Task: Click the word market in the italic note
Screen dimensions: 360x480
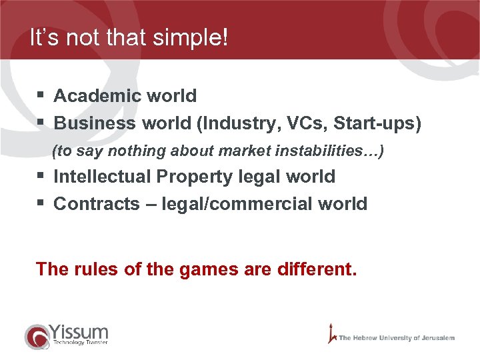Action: click(243, 151)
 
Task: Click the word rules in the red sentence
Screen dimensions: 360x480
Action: click(93, 269)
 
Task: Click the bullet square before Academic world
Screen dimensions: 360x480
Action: click(41, 96)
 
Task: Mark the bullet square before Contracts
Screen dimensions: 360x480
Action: click(41, 203)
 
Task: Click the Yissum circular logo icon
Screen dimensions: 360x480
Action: click(36, 336)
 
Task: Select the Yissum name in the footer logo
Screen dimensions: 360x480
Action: click(78, 331)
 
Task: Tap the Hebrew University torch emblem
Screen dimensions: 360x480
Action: click(331, 333)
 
